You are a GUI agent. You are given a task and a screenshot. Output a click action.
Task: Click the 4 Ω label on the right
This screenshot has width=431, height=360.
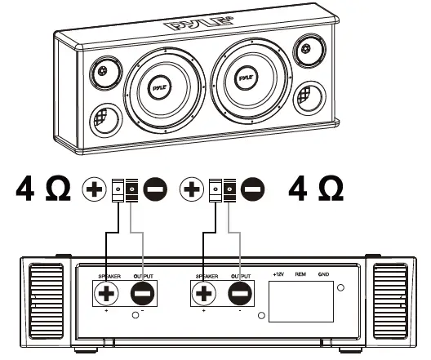[x=317, y=189]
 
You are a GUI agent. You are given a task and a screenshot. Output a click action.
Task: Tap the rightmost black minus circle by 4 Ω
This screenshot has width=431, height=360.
[x=253, y=189]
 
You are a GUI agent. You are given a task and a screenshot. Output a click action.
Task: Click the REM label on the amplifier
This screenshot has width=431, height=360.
[x=300, y=275]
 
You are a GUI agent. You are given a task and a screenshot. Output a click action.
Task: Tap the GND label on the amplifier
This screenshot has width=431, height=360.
[x=323, y=275]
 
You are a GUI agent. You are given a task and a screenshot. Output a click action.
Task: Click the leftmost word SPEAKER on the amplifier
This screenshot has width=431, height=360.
[x=109, y=277]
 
